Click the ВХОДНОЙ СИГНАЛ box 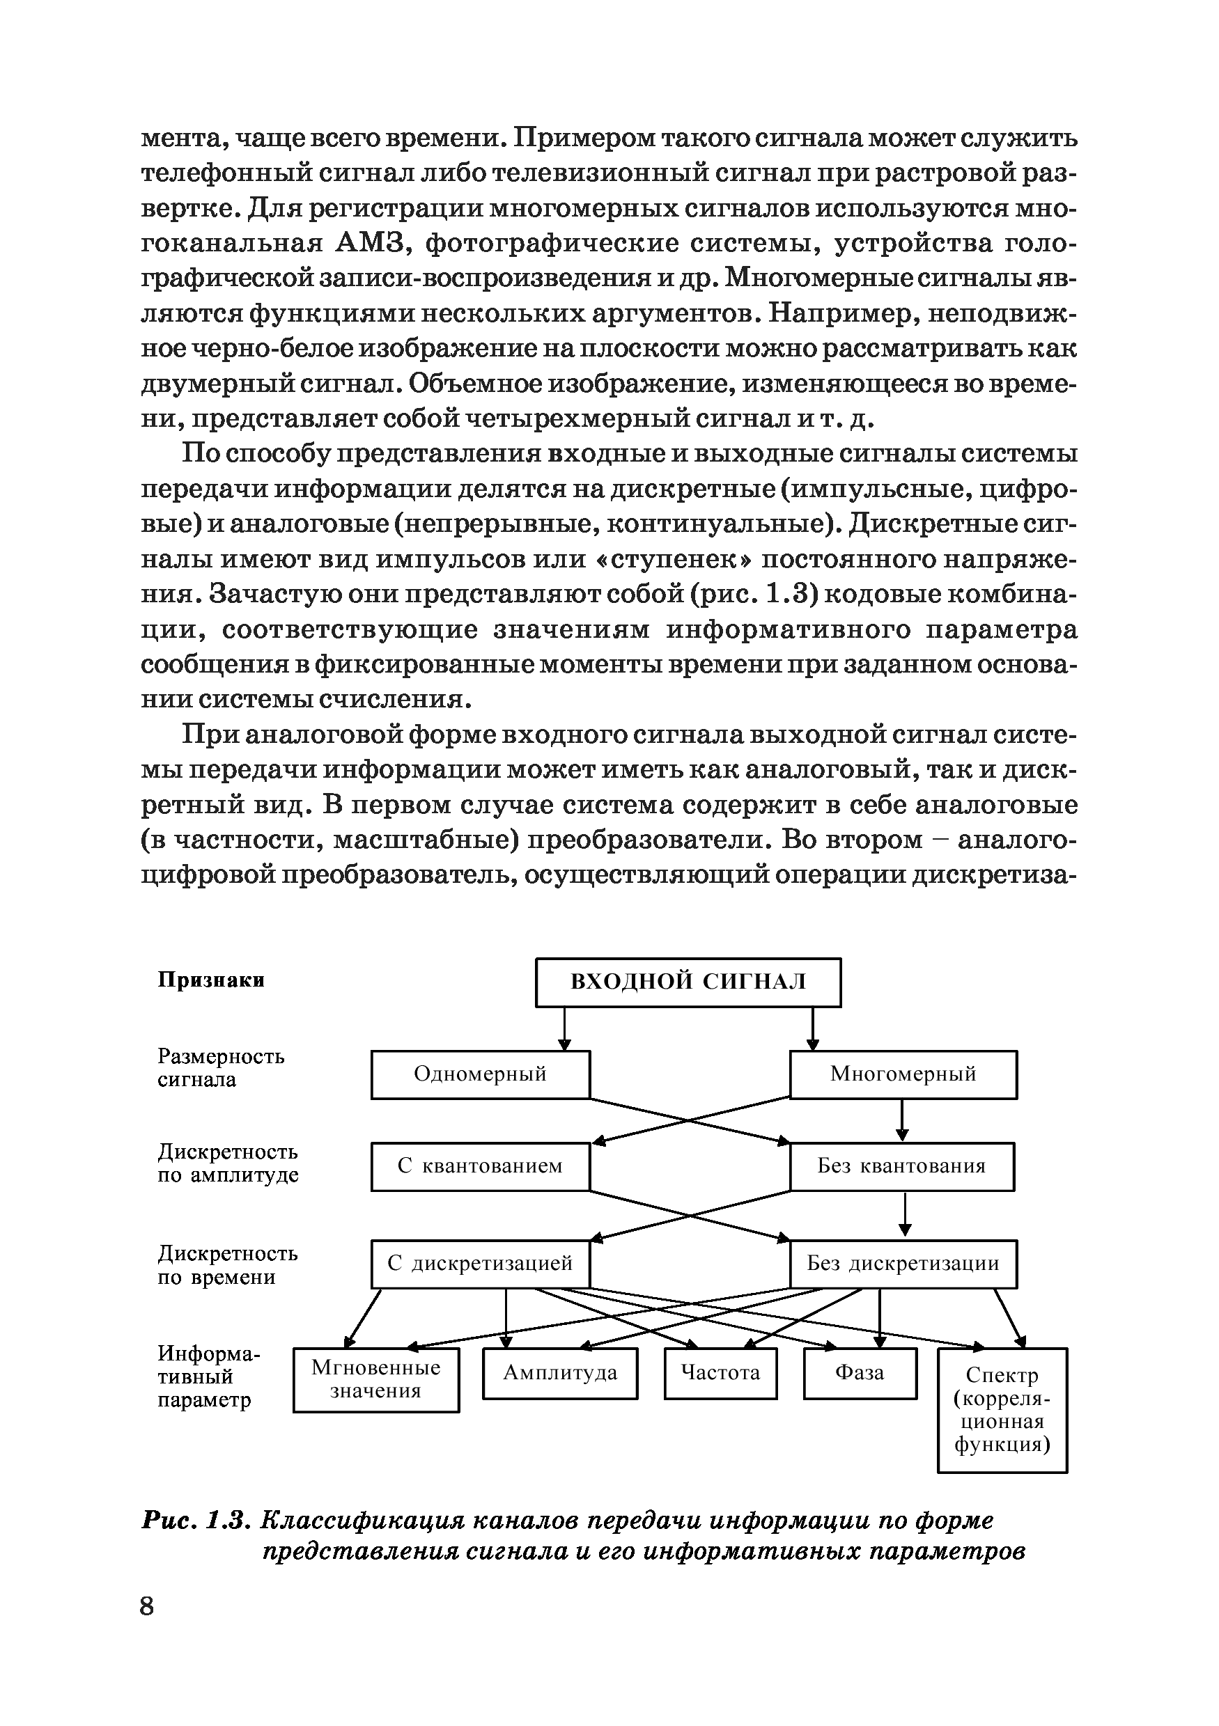688,982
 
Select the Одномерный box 480,1074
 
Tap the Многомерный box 902,1074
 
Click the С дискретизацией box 480,1264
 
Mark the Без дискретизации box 902,1264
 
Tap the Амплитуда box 559,1374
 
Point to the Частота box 720,1374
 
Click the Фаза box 860,1374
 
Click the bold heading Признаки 210,980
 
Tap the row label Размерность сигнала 220,1068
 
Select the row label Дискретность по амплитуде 227,1163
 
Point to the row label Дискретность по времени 227,1265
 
